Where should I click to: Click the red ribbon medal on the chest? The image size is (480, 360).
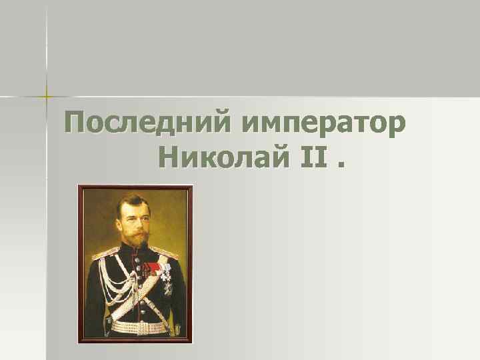[x=151, y=268]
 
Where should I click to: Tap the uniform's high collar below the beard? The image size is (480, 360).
[x=136, y=251]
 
